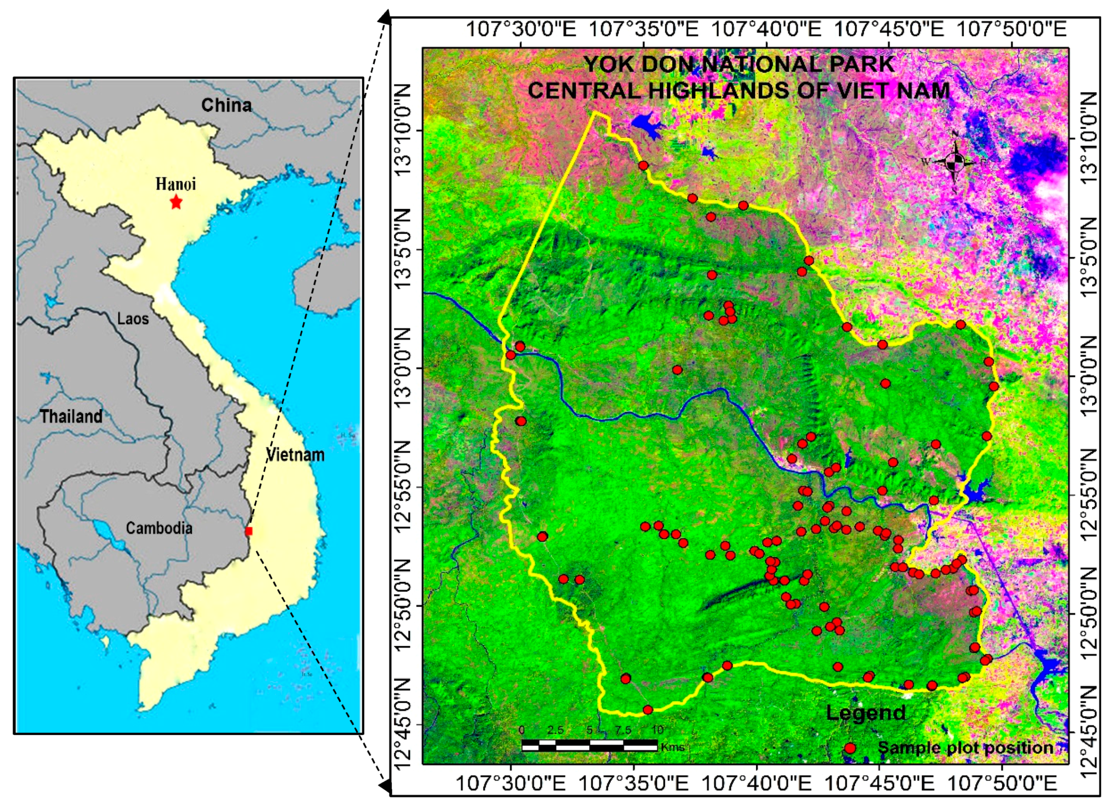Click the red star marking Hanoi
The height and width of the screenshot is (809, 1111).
176,202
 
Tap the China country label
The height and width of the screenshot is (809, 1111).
226,105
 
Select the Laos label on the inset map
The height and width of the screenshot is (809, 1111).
133,319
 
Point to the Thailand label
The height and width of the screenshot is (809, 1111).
71,416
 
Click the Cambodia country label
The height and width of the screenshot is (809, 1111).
159,528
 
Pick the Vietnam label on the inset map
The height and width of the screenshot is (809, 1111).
295,455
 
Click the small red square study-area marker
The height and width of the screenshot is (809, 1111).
249,531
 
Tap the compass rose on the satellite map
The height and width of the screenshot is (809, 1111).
954,161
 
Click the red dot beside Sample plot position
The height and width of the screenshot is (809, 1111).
850,748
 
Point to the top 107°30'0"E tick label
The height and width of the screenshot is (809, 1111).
520,29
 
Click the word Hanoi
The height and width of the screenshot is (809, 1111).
175,184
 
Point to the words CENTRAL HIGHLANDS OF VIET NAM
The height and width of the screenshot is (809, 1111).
739,91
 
